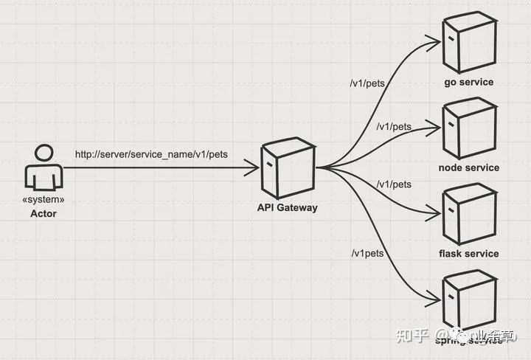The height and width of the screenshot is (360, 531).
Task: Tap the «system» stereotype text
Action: click(x=44, y=199)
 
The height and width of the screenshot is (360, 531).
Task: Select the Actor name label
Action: click(x=43, y=213)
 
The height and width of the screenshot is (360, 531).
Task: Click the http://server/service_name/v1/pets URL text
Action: click(x=151, y=155)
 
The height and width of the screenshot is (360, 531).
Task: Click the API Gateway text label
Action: click(x=287, y=207)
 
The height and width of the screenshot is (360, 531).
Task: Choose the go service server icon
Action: click(x=468, y=42)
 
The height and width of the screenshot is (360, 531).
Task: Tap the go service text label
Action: click(x=468, y=82)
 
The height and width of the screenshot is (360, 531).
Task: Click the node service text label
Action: click(x=468, y=167)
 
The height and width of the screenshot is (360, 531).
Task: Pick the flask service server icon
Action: click(x=468, y=214)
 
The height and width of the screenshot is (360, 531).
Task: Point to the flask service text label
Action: click(x=468, y=254)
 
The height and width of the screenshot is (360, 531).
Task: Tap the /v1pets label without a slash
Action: click(x=368, y=254)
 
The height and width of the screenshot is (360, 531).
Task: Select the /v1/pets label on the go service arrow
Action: click(x=367, y=82)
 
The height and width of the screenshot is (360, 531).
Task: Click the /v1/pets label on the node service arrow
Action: click(x=393, y=127)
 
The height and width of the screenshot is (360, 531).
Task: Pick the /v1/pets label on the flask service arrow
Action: click(x=393, y=184)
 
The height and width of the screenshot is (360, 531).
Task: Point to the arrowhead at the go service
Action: click(x=434, y=42)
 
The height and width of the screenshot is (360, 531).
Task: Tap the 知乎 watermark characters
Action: click(x=412, y=336)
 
